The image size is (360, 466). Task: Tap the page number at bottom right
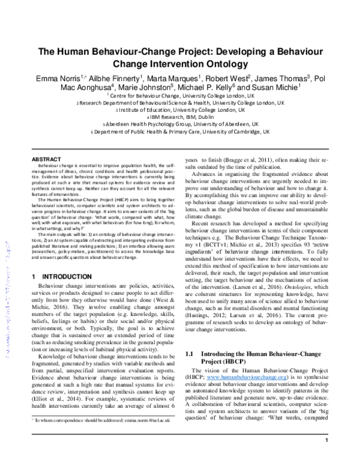326,457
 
